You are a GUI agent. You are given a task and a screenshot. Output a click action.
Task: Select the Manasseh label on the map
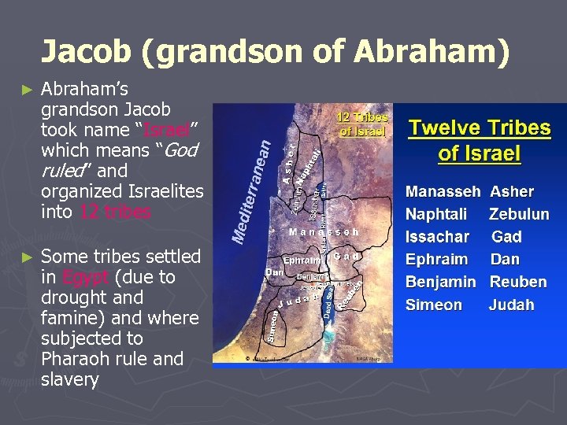click(324, 232)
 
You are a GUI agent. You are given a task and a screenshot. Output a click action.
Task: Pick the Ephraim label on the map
click(302, 259)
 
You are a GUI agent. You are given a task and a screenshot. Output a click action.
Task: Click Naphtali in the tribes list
click(435, 214)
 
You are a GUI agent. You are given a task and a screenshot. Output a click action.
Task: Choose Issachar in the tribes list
click(437, 237)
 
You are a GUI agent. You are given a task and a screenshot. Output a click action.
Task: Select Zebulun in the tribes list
click(518, 214)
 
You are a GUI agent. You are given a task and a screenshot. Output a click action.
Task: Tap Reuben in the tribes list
click(517, 282)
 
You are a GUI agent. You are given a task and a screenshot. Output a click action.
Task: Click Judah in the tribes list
click(511, 305)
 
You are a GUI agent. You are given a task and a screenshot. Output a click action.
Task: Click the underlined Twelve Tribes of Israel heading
click(479, 140)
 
